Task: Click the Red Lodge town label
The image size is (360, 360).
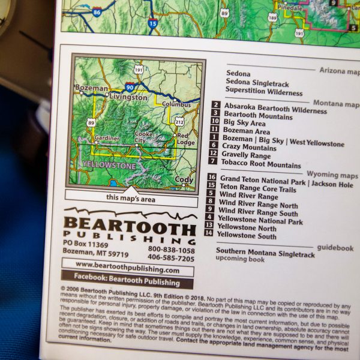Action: click(x=186, y=139)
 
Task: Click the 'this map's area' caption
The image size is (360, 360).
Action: click(x=130, y=197)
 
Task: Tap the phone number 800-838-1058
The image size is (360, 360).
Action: click(x=171, y=250)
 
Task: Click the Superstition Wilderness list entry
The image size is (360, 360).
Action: click(x=264, y=93)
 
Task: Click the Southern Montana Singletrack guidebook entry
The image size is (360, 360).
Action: click(x=265, y=254)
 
